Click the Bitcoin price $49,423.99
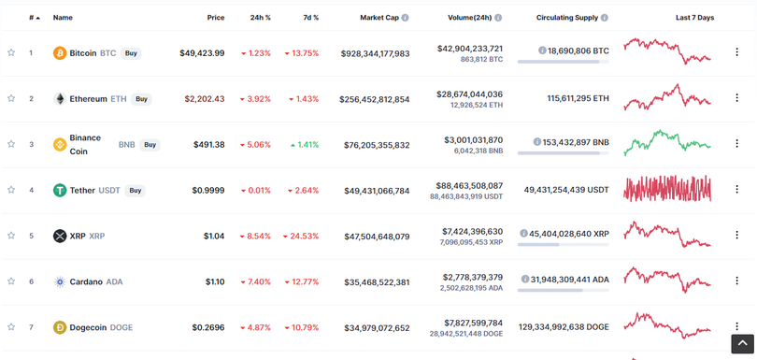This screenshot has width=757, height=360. [202, 53]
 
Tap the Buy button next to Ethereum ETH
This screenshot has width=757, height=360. [141, 98]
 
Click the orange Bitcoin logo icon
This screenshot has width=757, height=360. [60, 53]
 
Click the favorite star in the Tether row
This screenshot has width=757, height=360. [11, 190]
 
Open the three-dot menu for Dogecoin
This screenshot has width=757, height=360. [736, 327]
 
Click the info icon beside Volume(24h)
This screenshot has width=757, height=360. [497, 18]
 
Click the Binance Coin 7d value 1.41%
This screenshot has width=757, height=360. [304, 144]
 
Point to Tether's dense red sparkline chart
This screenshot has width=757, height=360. [667, 189]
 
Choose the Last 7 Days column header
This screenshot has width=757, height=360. [694, 18]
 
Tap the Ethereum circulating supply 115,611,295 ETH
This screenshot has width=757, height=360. [568, 98]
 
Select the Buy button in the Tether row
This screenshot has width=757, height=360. [136, 190]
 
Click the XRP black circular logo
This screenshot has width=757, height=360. [60, 236]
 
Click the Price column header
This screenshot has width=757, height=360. [215, 18]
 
